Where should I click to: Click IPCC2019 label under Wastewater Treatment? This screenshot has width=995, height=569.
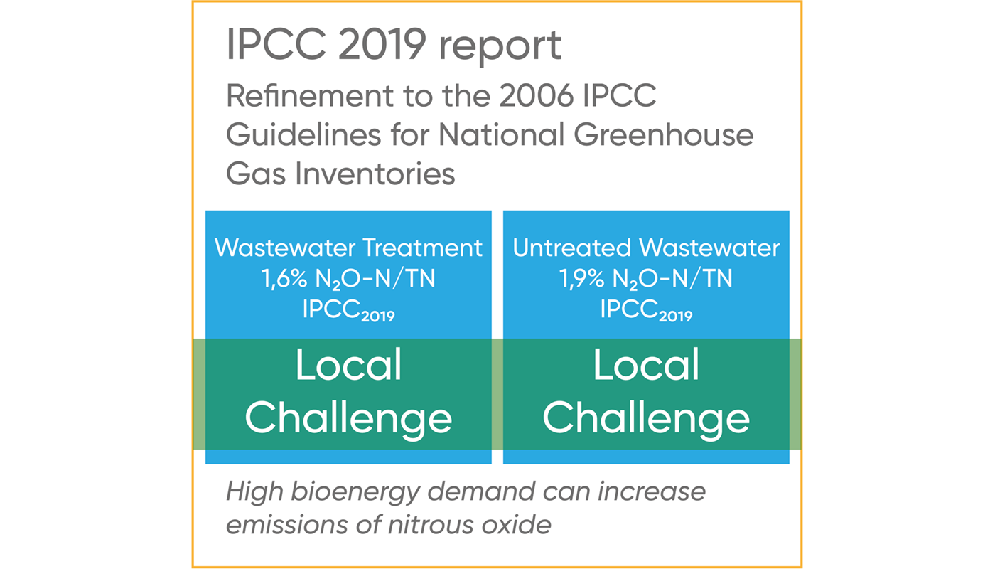coord(349,311)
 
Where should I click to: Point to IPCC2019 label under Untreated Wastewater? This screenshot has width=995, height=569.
coord(646,311)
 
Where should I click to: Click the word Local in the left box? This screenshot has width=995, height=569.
coord(349,365)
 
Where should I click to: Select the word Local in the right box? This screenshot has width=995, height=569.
coord(646,365)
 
